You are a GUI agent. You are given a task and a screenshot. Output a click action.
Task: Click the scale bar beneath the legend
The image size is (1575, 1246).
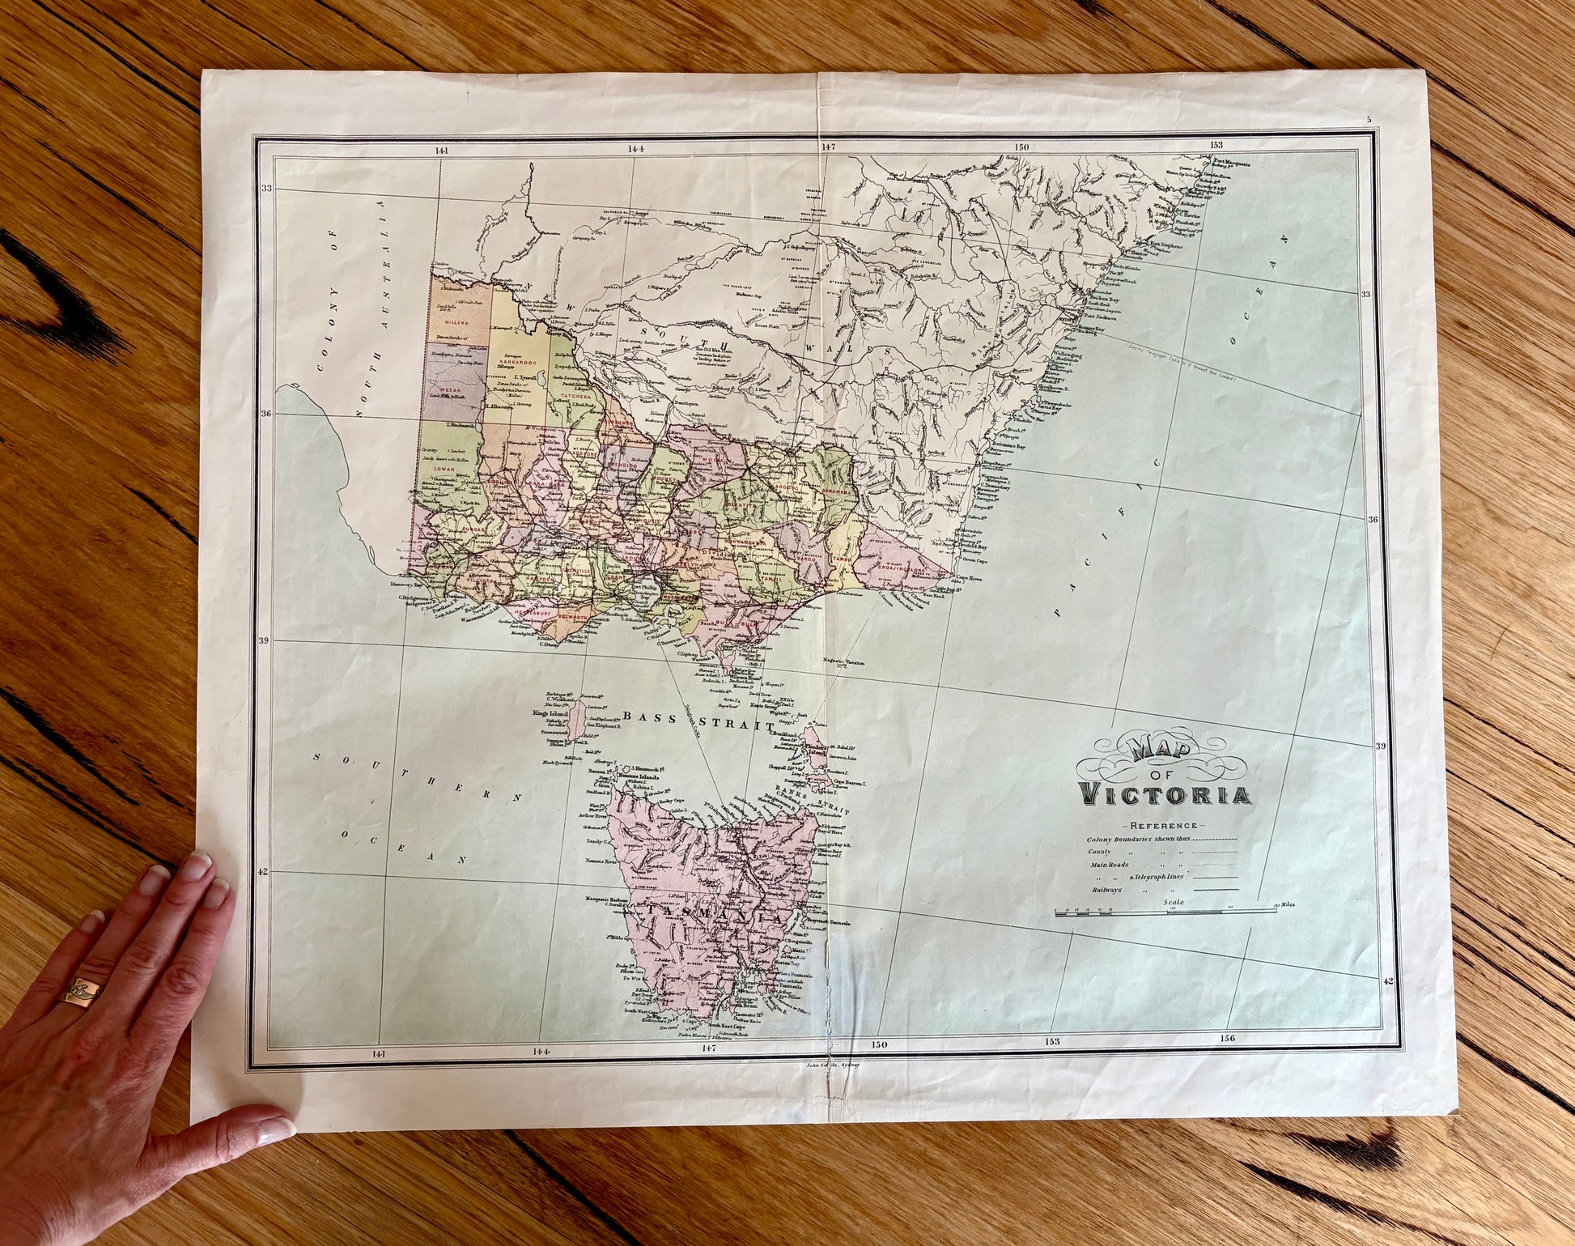1165,912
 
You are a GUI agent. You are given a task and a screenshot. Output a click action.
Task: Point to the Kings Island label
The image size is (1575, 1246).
550,714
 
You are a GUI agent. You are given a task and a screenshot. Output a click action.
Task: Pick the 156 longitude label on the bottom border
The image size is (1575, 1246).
1227,1039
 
